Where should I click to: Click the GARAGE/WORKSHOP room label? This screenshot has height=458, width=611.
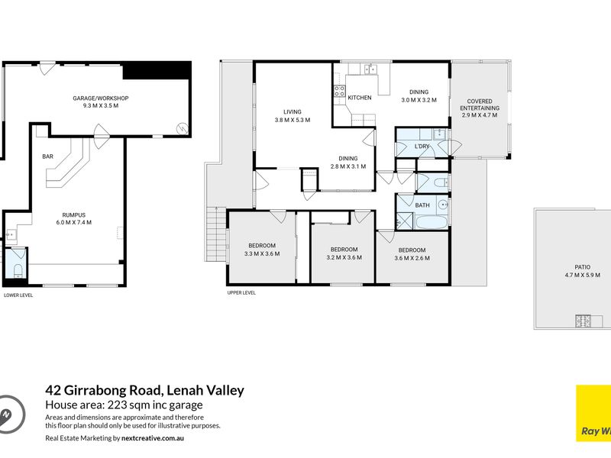tap(101, 98)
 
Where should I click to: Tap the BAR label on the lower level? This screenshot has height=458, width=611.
tap(47, 156)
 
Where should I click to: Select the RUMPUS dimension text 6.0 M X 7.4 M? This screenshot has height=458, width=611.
tap(74, 222)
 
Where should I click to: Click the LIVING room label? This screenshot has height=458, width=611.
tap(293, 111)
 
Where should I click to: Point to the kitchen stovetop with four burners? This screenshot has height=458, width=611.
tap(339, 91)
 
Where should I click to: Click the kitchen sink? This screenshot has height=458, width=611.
tap(370, 69)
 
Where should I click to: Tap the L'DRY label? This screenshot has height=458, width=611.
tap(422, 147)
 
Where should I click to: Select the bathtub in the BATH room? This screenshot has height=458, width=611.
tap(432, 223)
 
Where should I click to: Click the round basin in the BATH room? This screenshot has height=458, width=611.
tap(443, 205)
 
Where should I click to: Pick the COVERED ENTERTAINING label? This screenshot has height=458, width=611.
tap(480, 105)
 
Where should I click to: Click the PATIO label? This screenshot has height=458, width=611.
tap(583, 267)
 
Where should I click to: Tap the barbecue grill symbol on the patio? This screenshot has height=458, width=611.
tap(583, 321)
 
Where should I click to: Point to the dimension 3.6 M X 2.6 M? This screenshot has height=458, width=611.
tap(412, 258)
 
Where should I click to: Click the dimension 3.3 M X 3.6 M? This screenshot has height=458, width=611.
tap(262, 253)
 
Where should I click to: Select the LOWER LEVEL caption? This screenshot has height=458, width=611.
tap(18, 295)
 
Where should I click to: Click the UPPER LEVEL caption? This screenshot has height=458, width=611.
tap(241, 292)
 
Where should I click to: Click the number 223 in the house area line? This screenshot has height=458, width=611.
tap(118, 405)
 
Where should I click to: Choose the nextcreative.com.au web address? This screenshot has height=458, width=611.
tap(152, 438)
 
